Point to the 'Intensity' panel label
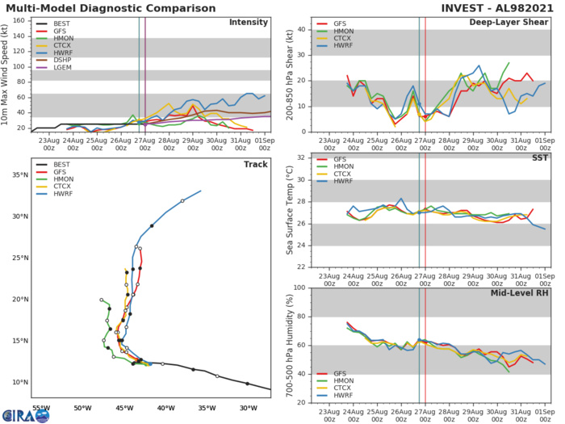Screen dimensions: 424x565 pos(249,22)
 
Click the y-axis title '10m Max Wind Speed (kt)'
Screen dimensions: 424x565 pos(6,73)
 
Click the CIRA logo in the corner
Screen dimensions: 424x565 pos(24,414)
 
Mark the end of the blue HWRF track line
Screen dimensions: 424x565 pos(200,191)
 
